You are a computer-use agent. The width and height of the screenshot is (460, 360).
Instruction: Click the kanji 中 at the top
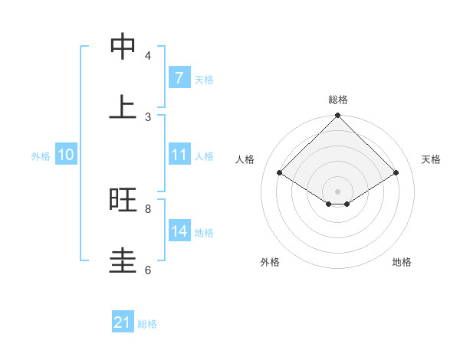pyautogui.click(x=123, y=47)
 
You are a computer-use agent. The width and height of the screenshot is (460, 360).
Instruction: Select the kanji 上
pyautogui.click(x=123, y=108)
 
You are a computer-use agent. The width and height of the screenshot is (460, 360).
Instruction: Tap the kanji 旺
pyautogui.click(x=123, y=200)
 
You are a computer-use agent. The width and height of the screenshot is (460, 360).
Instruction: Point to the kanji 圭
pyautogui.click(x=123, y=261)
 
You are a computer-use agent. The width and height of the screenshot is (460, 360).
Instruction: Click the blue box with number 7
pyautogui.click(x=179, y=78)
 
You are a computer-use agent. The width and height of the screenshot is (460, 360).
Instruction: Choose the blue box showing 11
pyautogui.click(x=179, y=155)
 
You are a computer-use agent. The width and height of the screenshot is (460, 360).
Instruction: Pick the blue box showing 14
pyautogui.click(x=179, y=231)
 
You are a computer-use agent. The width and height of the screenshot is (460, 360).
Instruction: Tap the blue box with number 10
pyautogui.click(x=65, y=155)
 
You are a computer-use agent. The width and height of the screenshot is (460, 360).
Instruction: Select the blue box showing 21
pyautogui.click(x=123, y=322)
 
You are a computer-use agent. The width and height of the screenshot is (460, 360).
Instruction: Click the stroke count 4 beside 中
pyautogui.click(x=148, y=55)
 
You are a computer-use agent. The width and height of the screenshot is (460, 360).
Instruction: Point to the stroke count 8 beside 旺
pyautogui.click(x=148, y=208)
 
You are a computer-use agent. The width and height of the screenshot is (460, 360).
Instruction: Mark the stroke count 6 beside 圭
pyautogui.click(x=148, y=270)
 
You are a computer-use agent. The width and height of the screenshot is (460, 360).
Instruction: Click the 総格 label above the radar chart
pyautogui.click(x=338, y=100)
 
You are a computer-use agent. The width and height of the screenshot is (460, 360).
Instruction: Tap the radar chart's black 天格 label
pyautogui.click(x=432, y=159)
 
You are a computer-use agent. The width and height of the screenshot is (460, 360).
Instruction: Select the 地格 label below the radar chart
pyautogui.click(x=402, y=262)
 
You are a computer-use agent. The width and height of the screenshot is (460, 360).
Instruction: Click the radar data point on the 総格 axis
pyautogui.click(x=338, y=116)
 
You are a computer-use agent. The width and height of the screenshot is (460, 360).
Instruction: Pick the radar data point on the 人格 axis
pyautogui.click(x=280, y=173)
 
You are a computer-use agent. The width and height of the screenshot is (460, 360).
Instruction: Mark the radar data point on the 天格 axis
pyautogui.click(x=396, y=173)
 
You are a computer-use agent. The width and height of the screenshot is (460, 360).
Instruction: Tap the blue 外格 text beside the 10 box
pyautogui.click(x=41, y=156)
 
